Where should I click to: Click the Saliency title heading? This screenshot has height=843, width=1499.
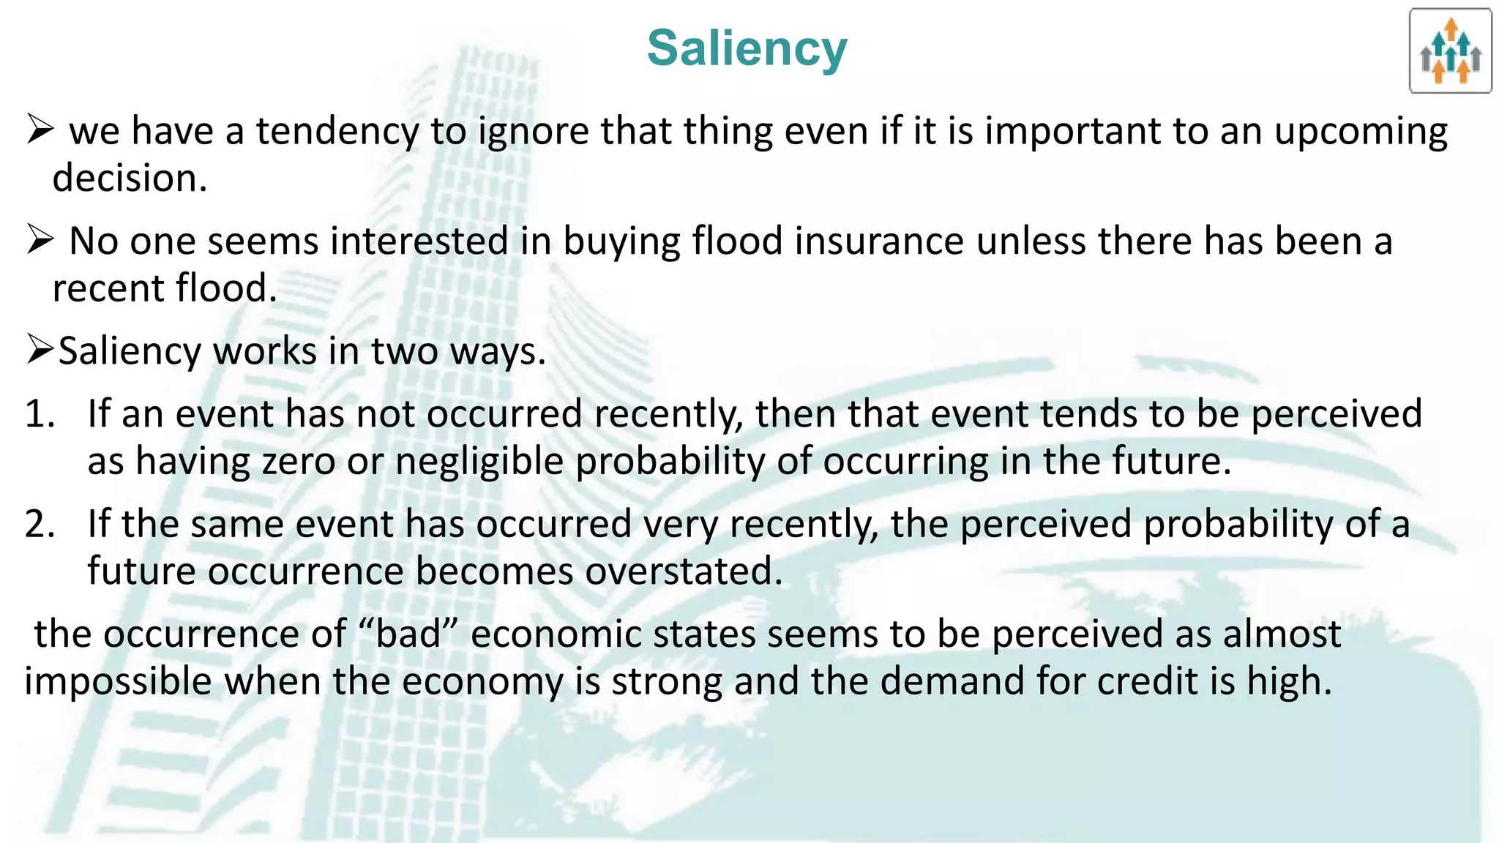[x=747, y=48]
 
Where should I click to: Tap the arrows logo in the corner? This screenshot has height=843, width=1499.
[x=1450, y=51]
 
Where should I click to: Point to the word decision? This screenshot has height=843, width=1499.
[x=129, y=178]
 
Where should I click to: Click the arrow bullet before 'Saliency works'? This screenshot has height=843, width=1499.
[x=40, y=350]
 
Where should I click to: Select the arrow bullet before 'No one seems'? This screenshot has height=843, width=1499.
[x=40, y=239]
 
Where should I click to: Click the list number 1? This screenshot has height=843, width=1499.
[x=40, y=413]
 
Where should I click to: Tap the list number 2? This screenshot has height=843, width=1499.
[x=40, y=524]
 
